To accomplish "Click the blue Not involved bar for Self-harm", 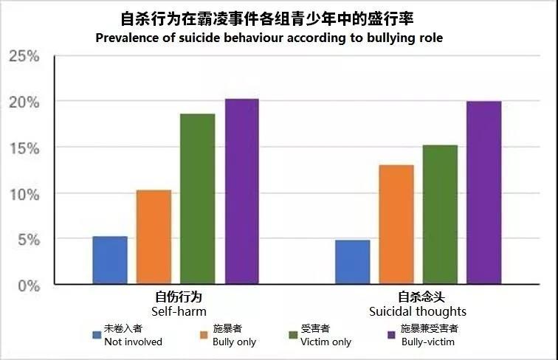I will tap(110, 260).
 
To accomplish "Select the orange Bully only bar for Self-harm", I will tap(154, 237).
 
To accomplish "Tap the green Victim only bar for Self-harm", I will tap(198, 199).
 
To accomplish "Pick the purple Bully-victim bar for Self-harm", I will tap(242, 192).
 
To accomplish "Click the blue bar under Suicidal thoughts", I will tap(353, 262).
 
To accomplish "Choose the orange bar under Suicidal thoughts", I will tap(396, 224).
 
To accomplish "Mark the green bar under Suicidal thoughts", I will tap(440, 215).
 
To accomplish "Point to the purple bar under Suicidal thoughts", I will tap(484, 193).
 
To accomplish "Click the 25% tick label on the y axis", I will tap(24, 56).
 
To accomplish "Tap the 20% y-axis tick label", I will tap(24, 102).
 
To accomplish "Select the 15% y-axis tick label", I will tap(24, 148).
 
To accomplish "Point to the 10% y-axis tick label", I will tap(24, 193).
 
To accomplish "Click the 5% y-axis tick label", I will tap(28, 239).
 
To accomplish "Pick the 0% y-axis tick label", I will tap(28, 285).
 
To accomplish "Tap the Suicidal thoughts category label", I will tap(418, 311).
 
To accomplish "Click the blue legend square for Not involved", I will tap(97, 336).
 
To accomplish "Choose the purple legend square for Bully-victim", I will tap(392, 336).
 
